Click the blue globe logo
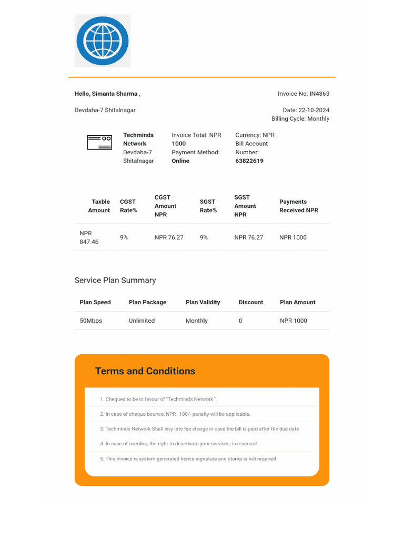103,41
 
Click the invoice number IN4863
319,94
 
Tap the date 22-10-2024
314,110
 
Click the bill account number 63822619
249,161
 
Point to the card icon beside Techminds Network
99,143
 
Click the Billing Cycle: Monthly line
300,119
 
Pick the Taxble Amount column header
99,206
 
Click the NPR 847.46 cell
89,237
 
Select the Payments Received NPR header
298,206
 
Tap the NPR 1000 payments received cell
292,237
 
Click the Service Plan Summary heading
115,281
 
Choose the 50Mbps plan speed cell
91,321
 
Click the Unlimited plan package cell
142,321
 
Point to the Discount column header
250,302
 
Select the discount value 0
240,321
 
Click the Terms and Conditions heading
145,371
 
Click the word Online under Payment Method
180,161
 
